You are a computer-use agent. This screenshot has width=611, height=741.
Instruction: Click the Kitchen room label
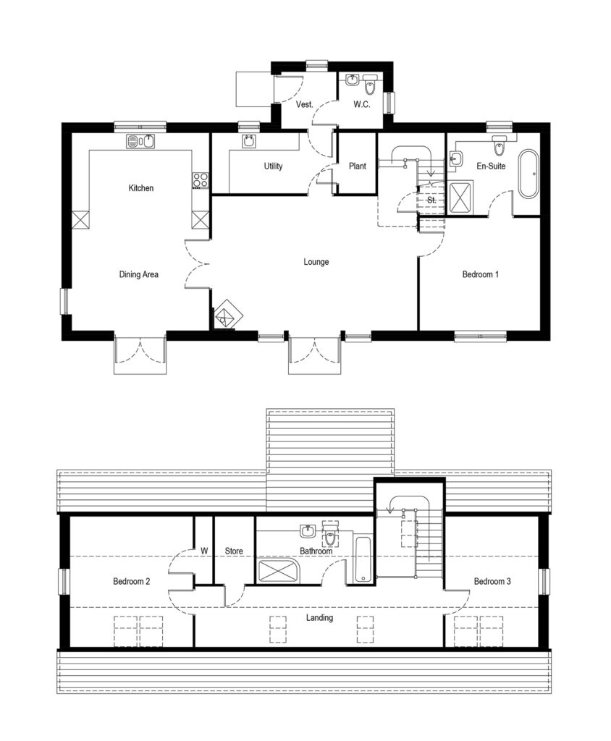(x=141, y=188)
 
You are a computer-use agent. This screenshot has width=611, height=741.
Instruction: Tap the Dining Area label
(x=139, y=274)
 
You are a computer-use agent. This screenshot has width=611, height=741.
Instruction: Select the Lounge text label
(x=316, y=262)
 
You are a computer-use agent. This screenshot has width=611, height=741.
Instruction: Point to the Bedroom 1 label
(x=481, y=274)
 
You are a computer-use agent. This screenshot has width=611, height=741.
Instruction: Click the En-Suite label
(x=491, y=166)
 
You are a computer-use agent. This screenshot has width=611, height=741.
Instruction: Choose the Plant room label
(x=357, y=166)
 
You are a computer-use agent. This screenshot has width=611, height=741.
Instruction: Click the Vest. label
(x=305, y=105)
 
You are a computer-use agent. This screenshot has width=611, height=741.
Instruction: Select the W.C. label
(x=362, y=105)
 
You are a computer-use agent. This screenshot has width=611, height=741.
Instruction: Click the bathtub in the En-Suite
(x=528, y=173)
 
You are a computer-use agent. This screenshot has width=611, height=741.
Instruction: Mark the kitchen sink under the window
(x=140, y=140)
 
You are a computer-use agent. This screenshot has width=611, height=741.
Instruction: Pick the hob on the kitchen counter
(x=201, y=180)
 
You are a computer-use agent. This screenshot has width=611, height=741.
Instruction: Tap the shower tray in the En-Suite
(x=459, y=197)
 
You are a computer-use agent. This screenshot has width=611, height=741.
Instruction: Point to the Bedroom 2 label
(x=132, y=581)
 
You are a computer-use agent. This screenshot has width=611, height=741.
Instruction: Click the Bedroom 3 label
(x=492, y=581)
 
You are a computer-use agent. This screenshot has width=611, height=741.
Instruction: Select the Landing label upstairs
(x=319, y=617)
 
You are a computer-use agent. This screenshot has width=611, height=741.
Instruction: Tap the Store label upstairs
(x=233, y=551)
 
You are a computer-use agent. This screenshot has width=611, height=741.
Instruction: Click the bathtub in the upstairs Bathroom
(x=363, y=560)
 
